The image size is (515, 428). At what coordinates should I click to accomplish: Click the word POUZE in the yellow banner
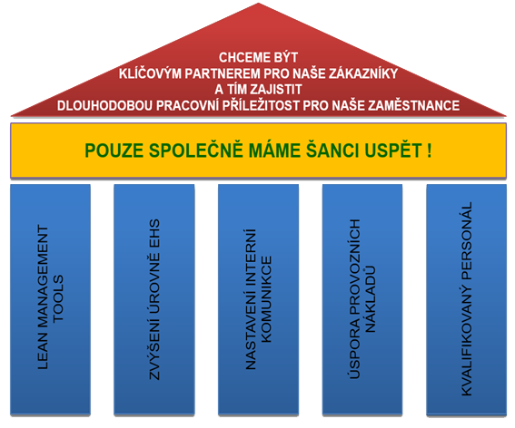point(114,151)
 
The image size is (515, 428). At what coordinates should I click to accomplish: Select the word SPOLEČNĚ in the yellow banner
point(196,150)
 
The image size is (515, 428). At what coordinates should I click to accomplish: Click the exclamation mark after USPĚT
point(430,151)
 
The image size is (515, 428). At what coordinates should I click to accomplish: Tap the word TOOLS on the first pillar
point(58,298)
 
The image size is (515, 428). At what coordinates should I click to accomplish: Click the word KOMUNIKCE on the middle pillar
point(266,299)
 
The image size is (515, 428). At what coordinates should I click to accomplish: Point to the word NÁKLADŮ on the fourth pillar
point(371,299)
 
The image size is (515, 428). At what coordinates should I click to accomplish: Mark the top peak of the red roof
point(258,4)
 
